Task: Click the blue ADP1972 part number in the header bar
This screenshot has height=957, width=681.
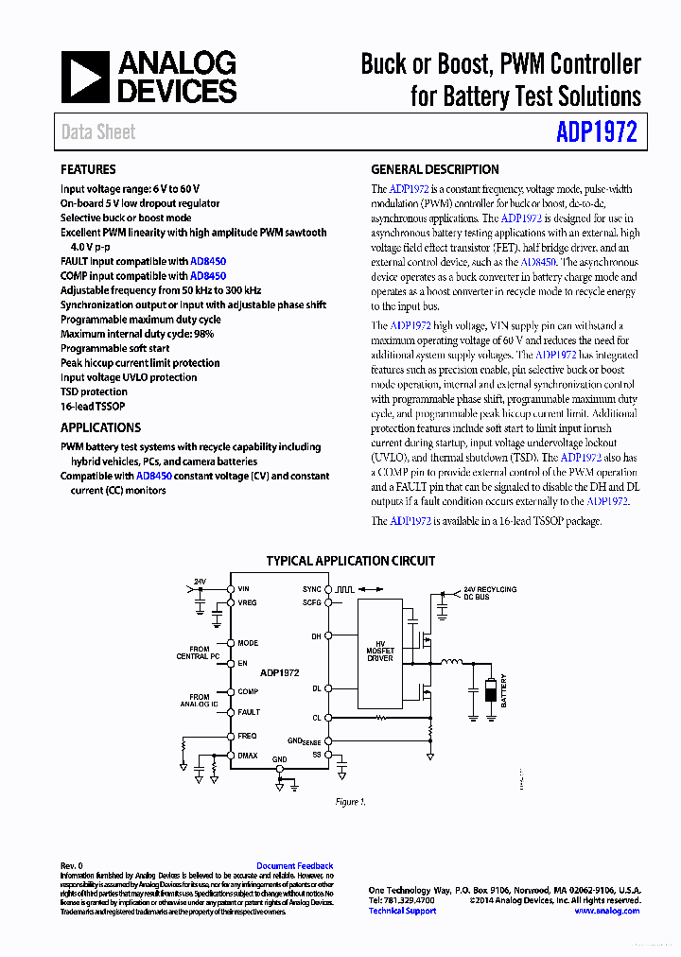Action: click(597, 131)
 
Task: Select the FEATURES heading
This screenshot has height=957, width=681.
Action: click(88, 169)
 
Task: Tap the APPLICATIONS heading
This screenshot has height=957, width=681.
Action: click(100, 427)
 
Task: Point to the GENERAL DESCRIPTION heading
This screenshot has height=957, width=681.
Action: click(434, 169)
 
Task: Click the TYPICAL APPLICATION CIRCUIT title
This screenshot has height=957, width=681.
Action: click(350, 561)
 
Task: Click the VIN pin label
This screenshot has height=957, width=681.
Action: click(243, 589)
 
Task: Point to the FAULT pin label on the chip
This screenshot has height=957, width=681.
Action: click(248, 712)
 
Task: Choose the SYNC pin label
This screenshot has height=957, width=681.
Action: click(311, 589)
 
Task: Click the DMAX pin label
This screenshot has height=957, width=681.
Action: click(247, 756)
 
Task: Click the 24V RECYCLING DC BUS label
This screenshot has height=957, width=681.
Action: click(490, 593)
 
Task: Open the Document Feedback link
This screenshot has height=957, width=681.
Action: click(294, 866)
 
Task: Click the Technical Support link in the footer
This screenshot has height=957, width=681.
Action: click(402, 911)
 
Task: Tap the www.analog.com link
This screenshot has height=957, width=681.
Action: click(605, 911)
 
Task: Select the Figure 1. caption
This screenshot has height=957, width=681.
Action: click(349, 802)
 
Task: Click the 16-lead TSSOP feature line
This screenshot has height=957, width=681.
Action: click(94, 406)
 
